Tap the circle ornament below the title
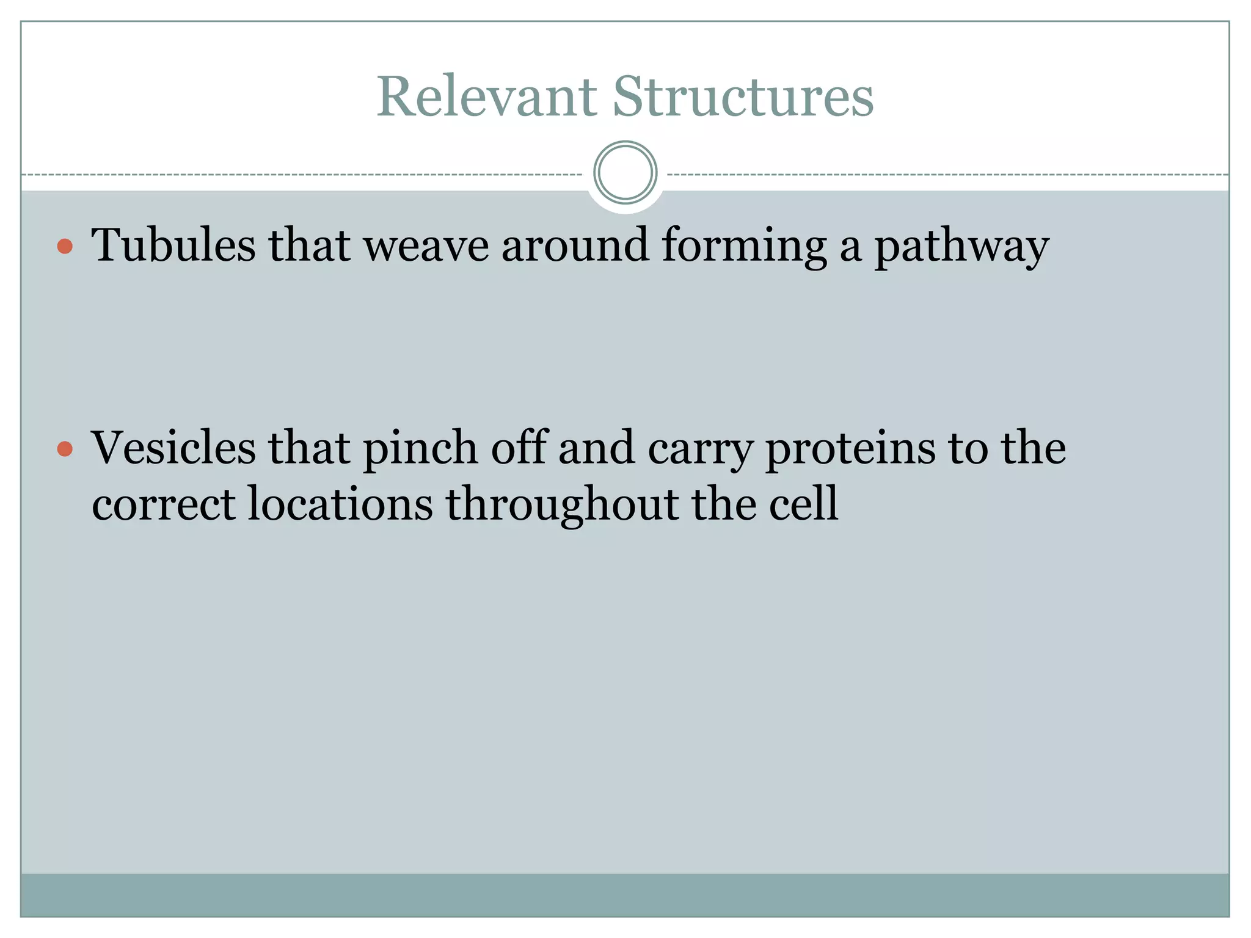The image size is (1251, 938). coord(625,173)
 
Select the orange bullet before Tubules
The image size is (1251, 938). coord(65,247)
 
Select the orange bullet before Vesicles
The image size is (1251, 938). coord(65,450)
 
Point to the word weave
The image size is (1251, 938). coord(426,245)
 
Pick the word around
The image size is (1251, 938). coord(575,245)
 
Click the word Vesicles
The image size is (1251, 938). coord(173,448)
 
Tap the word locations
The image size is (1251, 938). coord(340,504)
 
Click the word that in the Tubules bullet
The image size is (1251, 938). coord(310,245)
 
